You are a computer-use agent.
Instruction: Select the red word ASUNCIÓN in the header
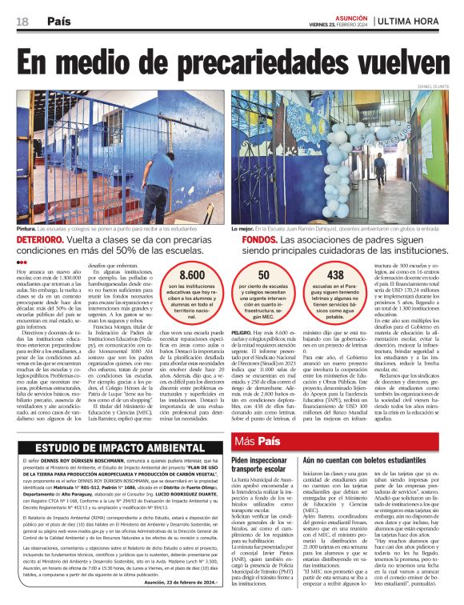click(x=350, y=16)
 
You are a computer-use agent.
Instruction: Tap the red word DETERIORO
click(x=40, y=239)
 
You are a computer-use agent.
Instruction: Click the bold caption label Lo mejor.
click(x=243, y=229)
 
